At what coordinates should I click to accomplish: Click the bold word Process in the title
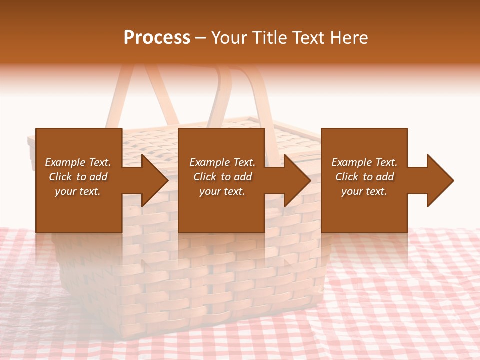(x=157, y=38)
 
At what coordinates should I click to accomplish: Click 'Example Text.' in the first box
(x=78, y=162)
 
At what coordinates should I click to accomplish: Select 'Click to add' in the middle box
(x=222, y=177)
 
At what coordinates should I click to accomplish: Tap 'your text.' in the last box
(x=364, y=191)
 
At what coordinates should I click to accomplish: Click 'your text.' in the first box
(x=78, y=191)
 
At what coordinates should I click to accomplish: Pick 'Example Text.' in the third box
(x=364, y=162)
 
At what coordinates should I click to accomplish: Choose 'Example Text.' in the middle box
(x=222, y=162)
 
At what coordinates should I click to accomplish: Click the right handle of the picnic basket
(x=260, y=95)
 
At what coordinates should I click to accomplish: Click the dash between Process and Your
(x=201, y=38)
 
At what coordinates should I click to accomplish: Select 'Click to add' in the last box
(x=364, y=177)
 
